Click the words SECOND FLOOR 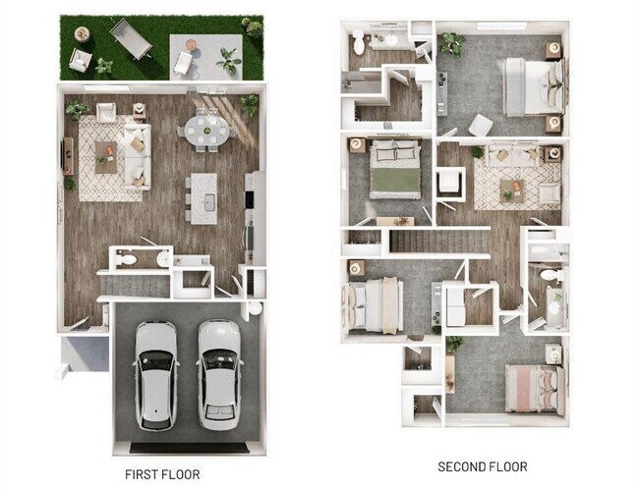coord(482,466)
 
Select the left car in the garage coord(157,374)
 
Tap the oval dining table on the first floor coord(206,129)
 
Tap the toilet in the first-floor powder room coord(127,259)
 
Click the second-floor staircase coord(434,237)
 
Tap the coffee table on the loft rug coord(510,186)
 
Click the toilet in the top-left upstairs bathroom coord(357,42)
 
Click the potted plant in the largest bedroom coord(453,43)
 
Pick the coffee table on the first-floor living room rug coord(105,152)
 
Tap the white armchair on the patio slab coord(184,63)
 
